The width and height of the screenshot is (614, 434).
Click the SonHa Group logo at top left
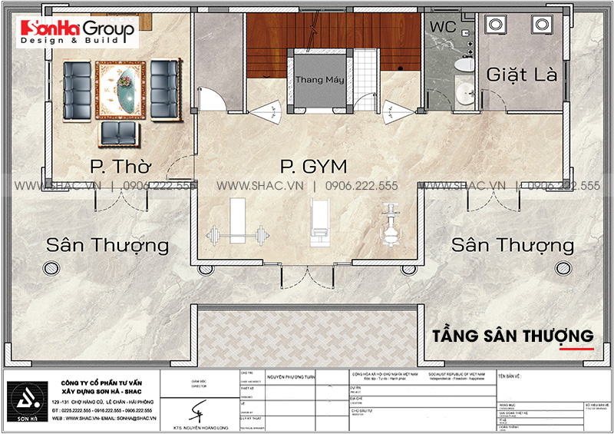(x=78, y=32)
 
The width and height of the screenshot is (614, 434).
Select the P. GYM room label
(x=313, y=166)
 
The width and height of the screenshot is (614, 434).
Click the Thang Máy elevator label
(x=319, y=80)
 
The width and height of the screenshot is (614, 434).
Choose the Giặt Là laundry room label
(x=519, y=75)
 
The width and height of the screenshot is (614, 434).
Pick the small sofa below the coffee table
(x=120, y=132)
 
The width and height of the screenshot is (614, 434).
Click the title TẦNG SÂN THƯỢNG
(x=513, y=336)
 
